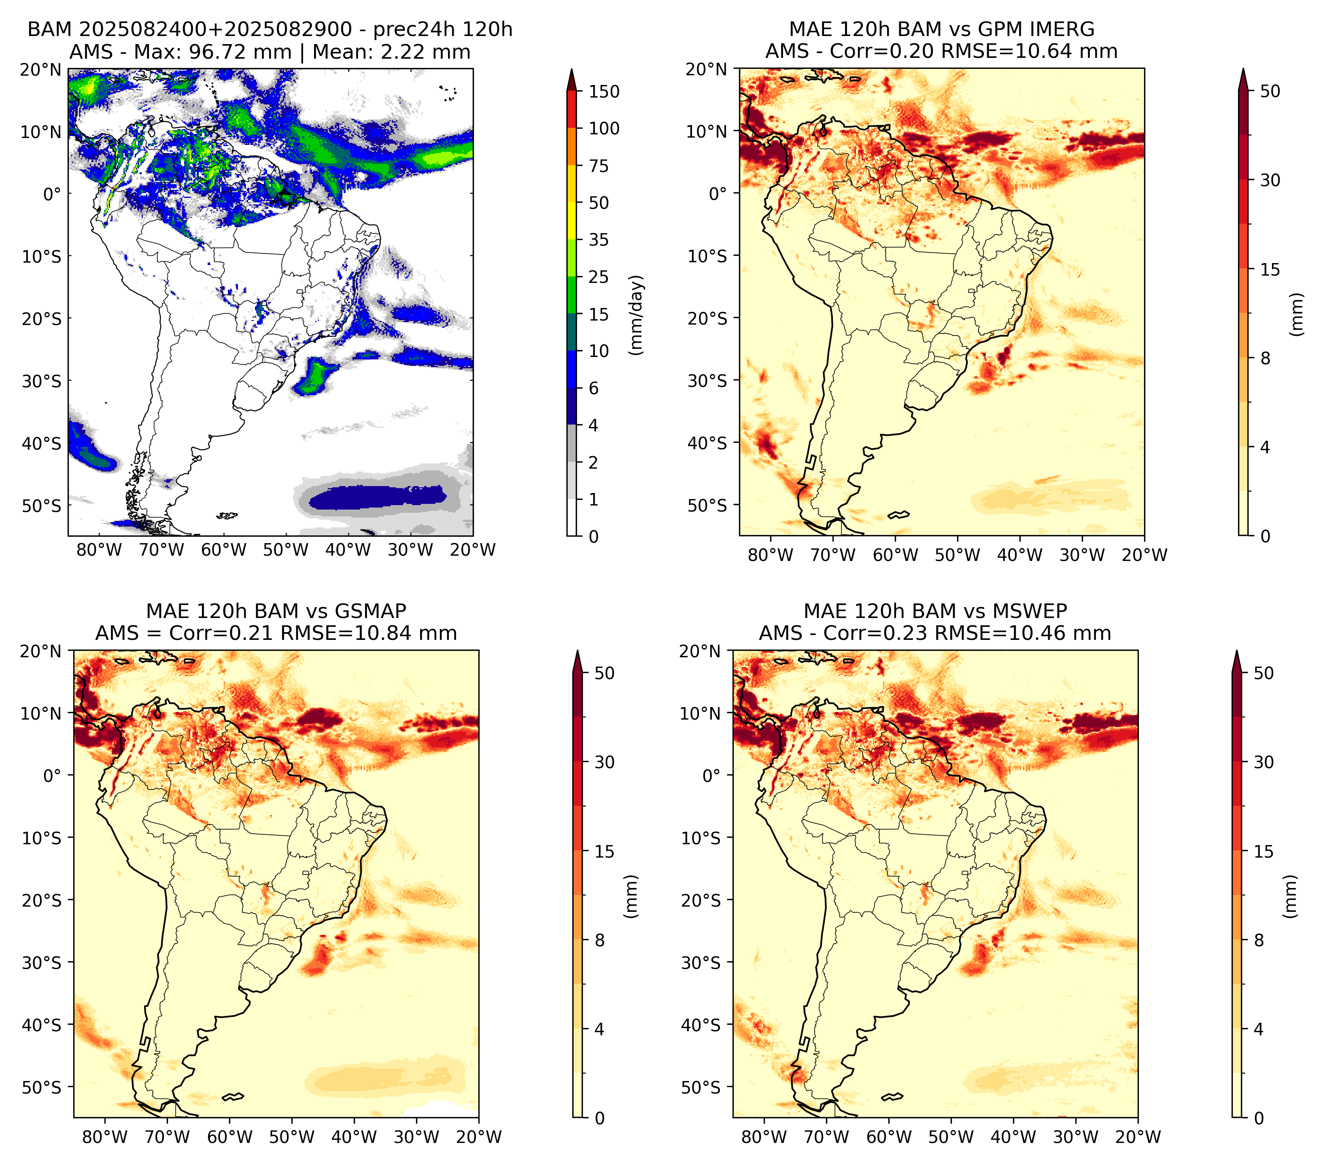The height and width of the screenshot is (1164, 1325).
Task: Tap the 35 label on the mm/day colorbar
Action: tap(598, 240)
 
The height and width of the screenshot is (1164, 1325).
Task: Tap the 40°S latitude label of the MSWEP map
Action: tap(701, 1025)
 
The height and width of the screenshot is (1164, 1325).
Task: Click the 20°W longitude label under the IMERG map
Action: tap(1144, 555)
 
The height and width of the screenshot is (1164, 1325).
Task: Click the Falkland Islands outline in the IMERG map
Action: tap(898, 515)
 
